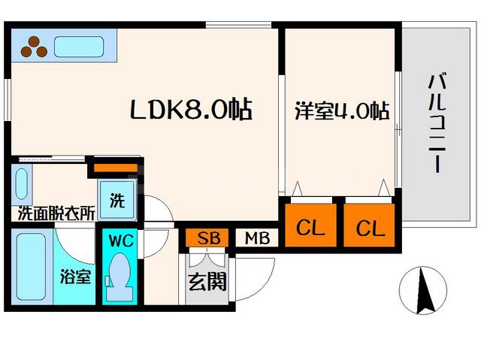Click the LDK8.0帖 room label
coord(191,111)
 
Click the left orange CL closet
coord(310,227)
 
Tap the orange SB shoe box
coord(208,238)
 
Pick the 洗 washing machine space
coord(117,201)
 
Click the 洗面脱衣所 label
coord(56,213)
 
